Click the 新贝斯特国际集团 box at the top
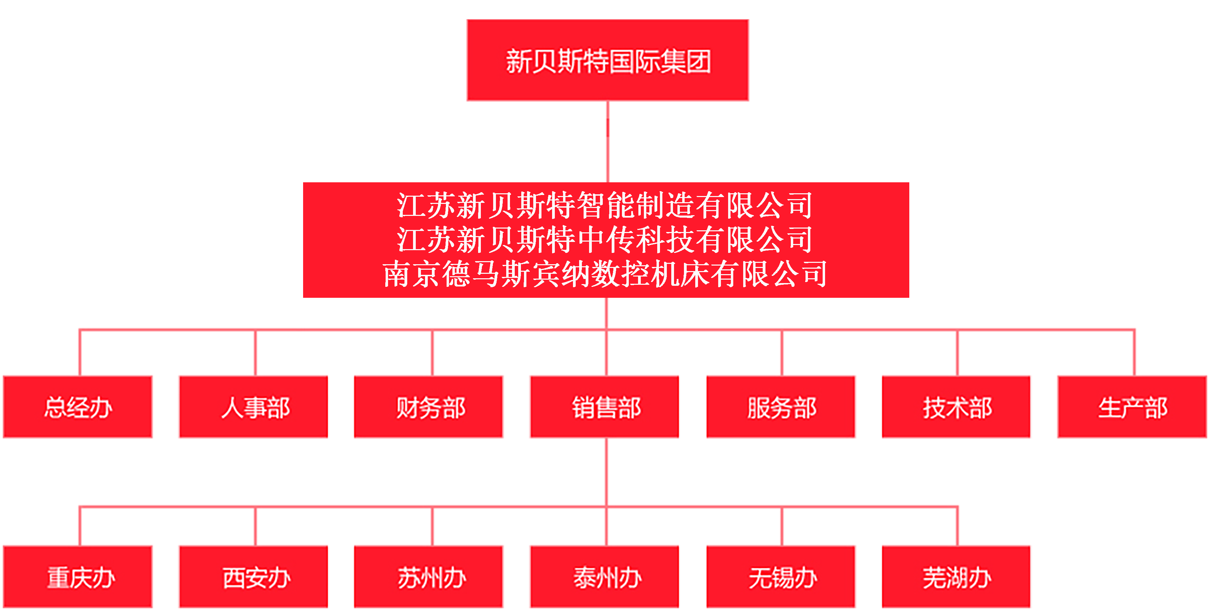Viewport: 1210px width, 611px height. pos(607,60)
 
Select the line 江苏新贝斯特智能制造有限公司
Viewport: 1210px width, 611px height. pos(605,205)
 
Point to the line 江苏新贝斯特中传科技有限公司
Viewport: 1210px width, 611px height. pos(605,240)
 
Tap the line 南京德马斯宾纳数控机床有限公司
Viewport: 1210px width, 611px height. pos(605,274)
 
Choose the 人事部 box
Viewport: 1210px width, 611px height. pos(254,407)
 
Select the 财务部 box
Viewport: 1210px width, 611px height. pos(428,407)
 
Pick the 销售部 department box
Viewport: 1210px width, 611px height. pos(605,407)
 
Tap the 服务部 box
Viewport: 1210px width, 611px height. pos(781,407)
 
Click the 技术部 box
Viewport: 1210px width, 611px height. pos(956,407)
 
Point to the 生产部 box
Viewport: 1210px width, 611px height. pos(1132,407)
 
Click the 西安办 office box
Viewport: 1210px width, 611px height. pos(254,577)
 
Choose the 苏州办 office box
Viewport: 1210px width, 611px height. pos(428,577)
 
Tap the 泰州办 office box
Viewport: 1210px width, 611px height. pos(605,577)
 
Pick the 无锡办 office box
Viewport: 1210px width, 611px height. pos(781,577)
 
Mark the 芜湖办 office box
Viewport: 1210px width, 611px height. pos(956,577)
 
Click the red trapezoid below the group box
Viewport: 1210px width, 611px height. pos(607,128)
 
